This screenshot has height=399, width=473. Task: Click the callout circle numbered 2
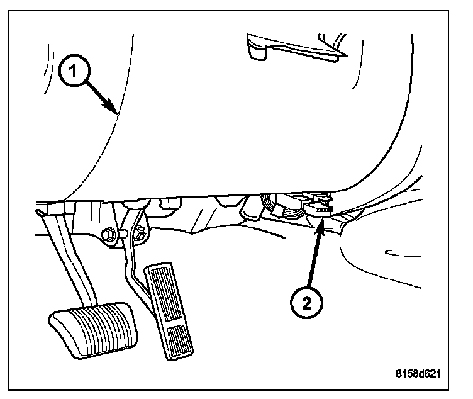click(306, 303)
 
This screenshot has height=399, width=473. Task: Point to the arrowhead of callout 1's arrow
click(116, 113)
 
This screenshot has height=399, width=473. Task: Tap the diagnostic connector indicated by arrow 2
click(319, 209)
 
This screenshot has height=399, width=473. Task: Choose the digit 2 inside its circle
click(306, 303)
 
